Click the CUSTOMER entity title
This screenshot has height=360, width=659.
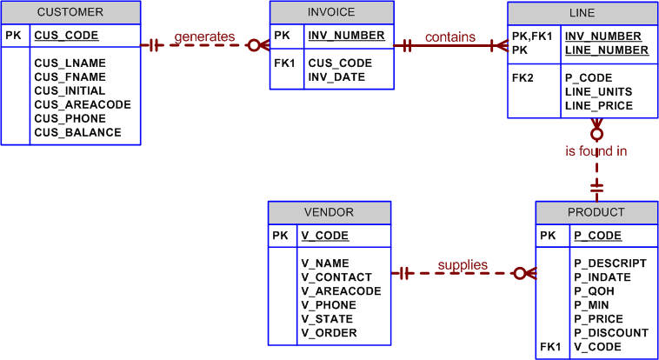click(x=70, y=12)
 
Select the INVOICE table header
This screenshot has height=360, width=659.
click(x=331, y=12)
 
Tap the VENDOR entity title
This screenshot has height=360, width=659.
click(x=329, y=212)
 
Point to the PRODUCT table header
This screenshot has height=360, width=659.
click(x=596, y=212)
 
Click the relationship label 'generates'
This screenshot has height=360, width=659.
click(x=204, y=37)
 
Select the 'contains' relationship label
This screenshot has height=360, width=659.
click(x=449, y=37)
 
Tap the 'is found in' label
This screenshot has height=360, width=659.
click(x=596, y=151)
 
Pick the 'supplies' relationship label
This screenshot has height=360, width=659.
click(x=462, y=265)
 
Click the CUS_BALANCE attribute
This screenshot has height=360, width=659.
click(x=77, y=133)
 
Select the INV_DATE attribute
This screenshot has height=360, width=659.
click(x=336, y=77)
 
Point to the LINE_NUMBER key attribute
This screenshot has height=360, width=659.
click(x=606, y=50)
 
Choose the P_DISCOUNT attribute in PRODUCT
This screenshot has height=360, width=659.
click(x=610, y=333)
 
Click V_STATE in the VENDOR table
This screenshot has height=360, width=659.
click(x=327, y=319)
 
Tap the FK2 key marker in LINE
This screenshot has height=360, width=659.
click(x=523, y=78)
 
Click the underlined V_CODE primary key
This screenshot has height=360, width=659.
click(x=324, y=236)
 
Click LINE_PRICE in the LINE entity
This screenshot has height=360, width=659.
click(x=598, y=106)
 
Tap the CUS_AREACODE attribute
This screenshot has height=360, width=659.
click(x=82, y=105)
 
